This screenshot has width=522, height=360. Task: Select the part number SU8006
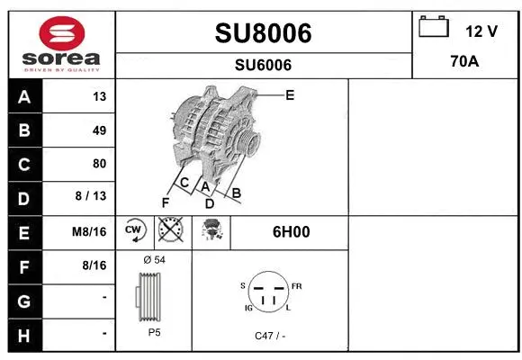[263, 33]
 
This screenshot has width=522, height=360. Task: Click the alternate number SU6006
[263, 65]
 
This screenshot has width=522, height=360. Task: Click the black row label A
[24, 97]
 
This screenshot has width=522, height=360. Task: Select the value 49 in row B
[99, 130]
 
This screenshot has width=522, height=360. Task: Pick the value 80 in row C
[99, 164]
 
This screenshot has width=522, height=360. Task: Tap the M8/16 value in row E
[90, 232]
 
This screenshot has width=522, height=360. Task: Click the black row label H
[24, 334]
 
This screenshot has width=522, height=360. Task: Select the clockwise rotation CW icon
[134, 231]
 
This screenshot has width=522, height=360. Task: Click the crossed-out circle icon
[171, 231]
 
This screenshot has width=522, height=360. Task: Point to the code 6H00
[291, 232]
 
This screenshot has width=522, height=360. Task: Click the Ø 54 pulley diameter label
[154, 260]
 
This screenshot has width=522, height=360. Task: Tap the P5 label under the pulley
[154, 332]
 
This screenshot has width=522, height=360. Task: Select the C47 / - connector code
[271, 336]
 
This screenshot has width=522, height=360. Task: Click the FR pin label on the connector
[297, 285]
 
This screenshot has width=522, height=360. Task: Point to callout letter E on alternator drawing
[290, 94]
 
